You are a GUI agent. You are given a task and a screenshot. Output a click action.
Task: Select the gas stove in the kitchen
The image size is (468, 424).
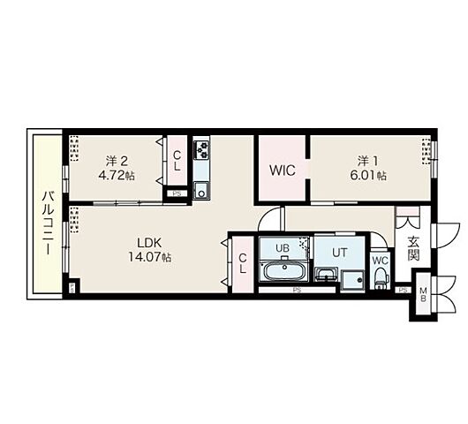[201, 150]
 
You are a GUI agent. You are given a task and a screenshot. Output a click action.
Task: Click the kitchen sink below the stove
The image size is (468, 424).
[201, 190]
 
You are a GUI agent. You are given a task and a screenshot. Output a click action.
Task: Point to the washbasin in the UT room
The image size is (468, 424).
[326, 274]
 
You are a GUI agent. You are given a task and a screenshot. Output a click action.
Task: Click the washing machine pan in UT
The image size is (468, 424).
[353, 281]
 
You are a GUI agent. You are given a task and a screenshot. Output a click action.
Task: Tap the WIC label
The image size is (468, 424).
[282, 170]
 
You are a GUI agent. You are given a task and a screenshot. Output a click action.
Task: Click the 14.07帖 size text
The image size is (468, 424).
[149, 257]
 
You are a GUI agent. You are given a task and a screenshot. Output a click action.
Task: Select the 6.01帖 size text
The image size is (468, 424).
[368, 176]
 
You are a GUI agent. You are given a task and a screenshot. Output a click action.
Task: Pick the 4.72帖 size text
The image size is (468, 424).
[117, 176]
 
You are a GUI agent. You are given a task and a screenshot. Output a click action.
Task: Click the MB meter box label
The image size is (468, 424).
[423, 294]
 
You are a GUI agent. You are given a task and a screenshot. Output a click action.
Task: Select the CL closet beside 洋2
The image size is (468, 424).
[177, 161]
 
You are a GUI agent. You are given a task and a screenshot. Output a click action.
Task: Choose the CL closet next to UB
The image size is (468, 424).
[243, 263]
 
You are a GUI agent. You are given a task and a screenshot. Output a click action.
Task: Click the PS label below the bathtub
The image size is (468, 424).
[297, 290]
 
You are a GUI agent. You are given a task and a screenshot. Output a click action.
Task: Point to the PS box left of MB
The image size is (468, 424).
[404, 290]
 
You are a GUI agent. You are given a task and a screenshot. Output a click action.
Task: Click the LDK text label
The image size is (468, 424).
[149, 243]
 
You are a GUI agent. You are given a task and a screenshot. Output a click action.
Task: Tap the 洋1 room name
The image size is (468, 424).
[368, 162]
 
